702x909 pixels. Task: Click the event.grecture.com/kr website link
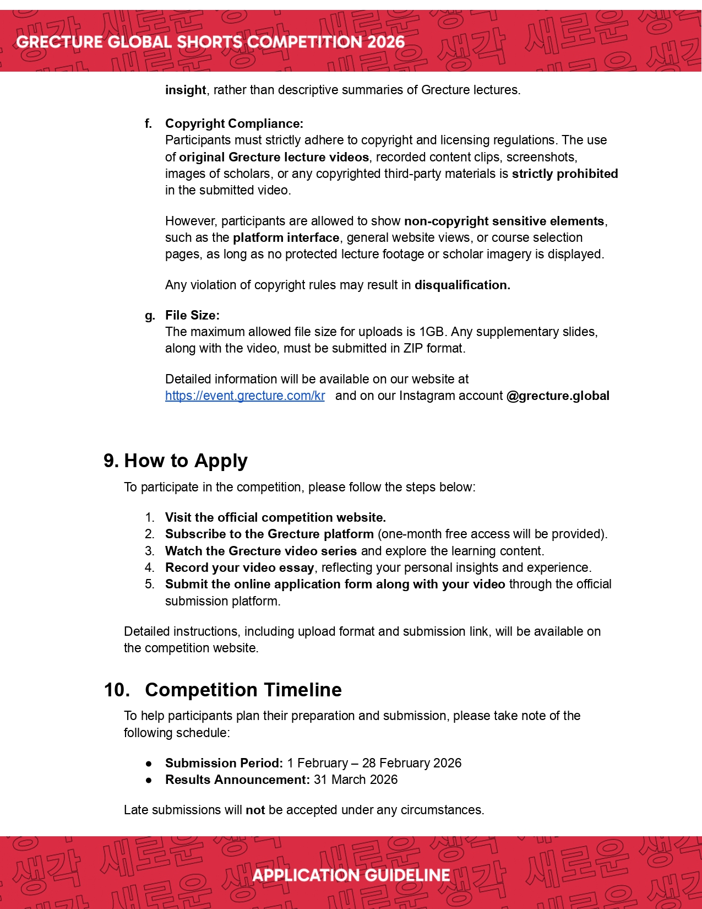(245, 396)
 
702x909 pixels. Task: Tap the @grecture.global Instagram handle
(558, 396)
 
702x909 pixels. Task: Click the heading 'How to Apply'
(186, 461)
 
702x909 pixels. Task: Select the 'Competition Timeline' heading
(243, 690)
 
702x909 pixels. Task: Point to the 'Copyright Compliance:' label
(234, 123)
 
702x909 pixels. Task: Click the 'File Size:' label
(192, 315)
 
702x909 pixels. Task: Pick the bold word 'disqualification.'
(462, 285)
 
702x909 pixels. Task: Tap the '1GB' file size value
(431, 332)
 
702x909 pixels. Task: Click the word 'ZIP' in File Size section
(413, 348)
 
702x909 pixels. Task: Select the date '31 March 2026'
(356, 780)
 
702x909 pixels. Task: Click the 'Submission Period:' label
(224, 763)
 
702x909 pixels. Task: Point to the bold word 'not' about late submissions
(255, 810)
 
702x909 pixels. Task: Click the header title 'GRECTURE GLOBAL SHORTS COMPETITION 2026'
(210, 42)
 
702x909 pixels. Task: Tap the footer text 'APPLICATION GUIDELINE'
(351, 875)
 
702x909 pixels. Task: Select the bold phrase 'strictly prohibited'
(565, 174)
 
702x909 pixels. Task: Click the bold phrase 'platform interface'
(286, 237)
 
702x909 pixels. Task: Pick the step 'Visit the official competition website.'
(275, 517)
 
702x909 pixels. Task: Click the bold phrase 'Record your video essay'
(240, 567)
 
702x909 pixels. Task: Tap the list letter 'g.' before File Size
(150, 316)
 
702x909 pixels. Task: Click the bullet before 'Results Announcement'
(149, 780)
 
